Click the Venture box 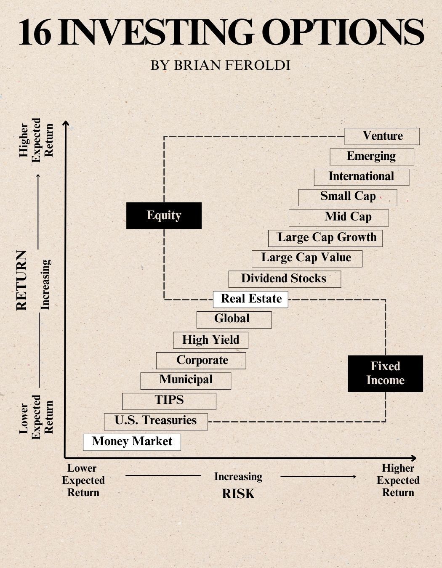pos(382,136)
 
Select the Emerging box pos(372,157)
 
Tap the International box pos(361,177)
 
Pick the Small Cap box pos(348,197)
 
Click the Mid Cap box pos(339,218)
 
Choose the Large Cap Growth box pos(325,238)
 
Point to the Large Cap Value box pos(307,258)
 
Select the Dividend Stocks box pos(285,279)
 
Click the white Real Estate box pos(250,299)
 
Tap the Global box pos(234,319)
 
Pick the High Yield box pos(210,340)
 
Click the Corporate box pos(201,361)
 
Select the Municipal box pos(186,380)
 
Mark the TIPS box pos(169,401)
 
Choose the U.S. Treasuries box pos(156,421)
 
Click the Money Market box pos(132,442)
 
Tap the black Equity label pos(164,215)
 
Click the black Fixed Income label pos(385,373)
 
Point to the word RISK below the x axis pos(238,494)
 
